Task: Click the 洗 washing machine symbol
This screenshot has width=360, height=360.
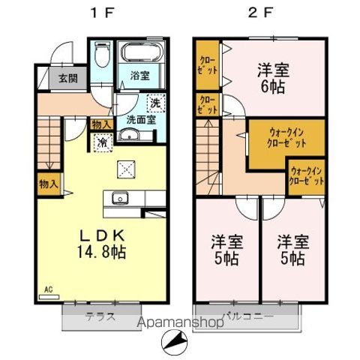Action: point(155,103)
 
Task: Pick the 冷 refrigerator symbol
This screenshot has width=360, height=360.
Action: point(100,141)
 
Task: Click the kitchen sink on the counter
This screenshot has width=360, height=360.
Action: point(120,198)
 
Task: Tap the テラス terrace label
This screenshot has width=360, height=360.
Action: point(100,316)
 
